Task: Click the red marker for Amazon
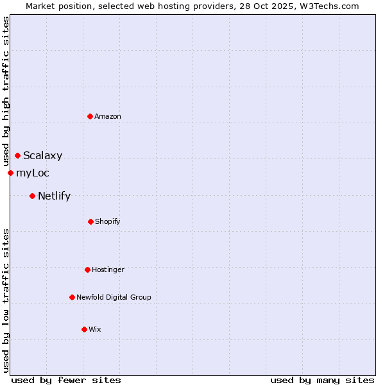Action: click(x=90, y=116)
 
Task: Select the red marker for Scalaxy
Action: click(x=17, y=155)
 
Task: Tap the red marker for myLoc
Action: click(x=10, y=173)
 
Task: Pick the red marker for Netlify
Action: click(x=32, y=196)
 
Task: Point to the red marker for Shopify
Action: click(x=90, y=221)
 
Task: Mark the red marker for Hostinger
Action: click(x=87, y=269)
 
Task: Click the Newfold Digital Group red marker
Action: click(x=72, y=297)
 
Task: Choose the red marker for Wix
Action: click(x=84, y=329)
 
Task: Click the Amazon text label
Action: click(x=108, y=116)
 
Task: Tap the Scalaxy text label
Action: click(x=43, y=155)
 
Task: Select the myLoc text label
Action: click(x=33, y=173)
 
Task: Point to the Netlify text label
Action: click(x=54, y=196)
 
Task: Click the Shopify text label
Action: click(x=108, y=221)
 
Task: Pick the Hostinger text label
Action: click(x=108, y=269)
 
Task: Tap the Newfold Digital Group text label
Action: click(x=114, y=297)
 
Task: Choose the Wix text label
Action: click(x=95, y=329)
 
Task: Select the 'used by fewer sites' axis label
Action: click(x=66, y=380)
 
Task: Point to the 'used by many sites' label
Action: click(x=322, y=380)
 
